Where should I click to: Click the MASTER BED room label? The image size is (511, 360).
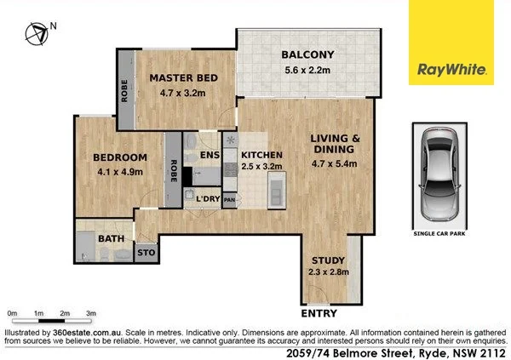tap(183, 77)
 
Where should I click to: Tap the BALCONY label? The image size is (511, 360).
tap(307, 56)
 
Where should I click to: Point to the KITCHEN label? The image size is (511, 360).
tap(263, 154)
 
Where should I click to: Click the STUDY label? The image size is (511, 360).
tap(327, 260)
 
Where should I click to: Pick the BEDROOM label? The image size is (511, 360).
tap(119, 157)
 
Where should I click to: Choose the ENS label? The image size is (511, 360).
tap(210, 155)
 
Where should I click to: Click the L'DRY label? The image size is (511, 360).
tap(208, 199)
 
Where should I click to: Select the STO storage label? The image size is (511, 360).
tap(146, 252)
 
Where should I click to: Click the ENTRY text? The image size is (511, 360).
tap(319, 313)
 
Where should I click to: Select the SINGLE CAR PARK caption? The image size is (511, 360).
tap(440, 232)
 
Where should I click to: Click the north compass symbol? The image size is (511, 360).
tap(37, 34)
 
